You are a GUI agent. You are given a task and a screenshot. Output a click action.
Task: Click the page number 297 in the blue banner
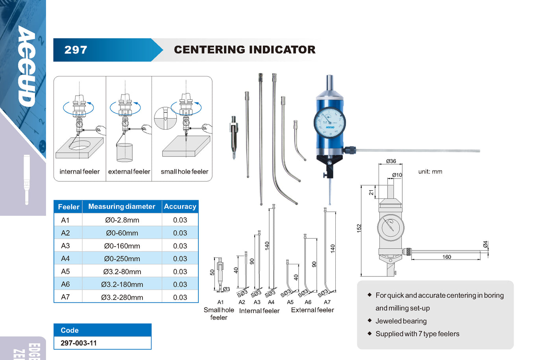pos(76,50)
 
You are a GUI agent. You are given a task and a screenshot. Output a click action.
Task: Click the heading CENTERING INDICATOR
pos(244,50)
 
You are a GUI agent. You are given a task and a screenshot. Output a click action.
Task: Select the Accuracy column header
pos(180,206)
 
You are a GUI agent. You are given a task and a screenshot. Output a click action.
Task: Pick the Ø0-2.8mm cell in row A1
pos(122,220)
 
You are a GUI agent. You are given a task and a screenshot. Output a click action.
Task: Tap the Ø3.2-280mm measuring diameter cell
pos(122,297)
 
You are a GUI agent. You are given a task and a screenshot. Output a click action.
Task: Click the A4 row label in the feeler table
pos(65,259)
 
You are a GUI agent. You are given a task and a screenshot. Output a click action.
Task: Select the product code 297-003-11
pos(79,343)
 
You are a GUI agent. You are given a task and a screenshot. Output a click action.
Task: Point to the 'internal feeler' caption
pos(80,172)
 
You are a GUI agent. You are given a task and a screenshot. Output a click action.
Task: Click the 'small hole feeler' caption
pos(184,172)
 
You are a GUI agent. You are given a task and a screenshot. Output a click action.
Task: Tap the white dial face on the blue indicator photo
pos(330,122)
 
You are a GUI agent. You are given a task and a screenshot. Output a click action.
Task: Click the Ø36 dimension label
pos(391,161)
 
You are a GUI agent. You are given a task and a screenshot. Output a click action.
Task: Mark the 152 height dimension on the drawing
pos(359,228)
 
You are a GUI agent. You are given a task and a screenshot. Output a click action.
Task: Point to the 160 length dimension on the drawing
pos(447,257)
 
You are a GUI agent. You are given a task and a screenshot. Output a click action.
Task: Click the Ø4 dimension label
pos(485,244)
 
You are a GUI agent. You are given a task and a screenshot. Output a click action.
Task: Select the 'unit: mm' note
pos(430,172)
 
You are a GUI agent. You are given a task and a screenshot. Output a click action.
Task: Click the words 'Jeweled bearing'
pos(401,321)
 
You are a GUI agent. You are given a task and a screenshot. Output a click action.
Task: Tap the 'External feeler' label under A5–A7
pos(312,310)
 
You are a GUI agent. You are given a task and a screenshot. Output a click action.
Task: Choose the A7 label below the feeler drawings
pos(327,302)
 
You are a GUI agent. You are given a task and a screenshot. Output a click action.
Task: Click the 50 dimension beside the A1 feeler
pos(212,272)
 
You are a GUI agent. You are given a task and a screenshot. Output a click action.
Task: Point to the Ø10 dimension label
pos(397,175)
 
